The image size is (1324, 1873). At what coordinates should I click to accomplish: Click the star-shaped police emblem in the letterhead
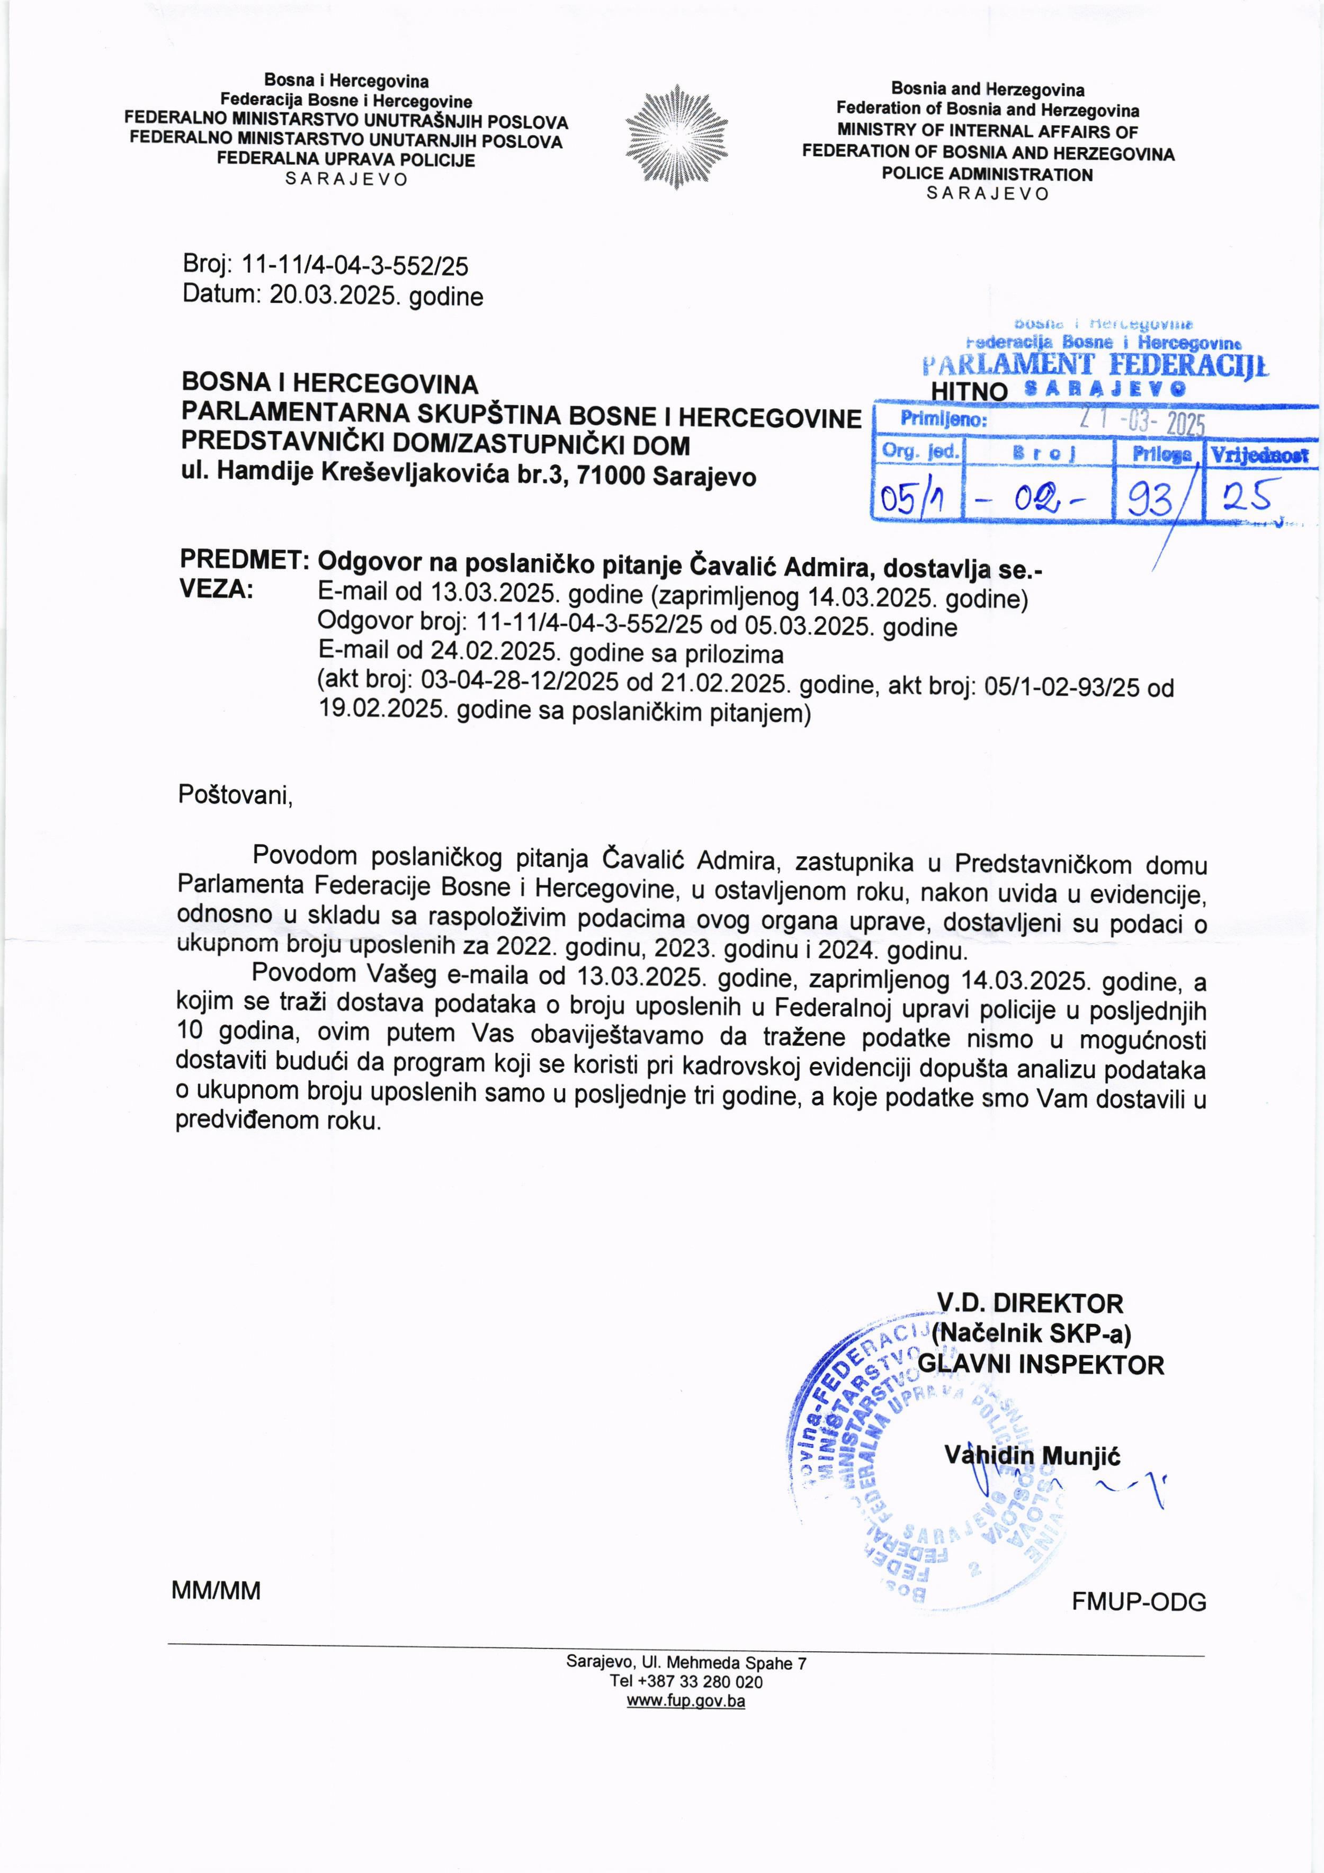click(676, 136)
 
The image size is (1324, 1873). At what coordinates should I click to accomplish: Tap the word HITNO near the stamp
click(969, 391)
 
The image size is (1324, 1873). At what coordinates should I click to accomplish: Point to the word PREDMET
click(242, 560)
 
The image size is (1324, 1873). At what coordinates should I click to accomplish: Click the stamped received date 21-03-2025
click(1142, 421)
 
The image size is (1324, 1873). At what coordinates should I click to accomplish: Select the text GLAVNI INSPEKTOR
click(1041, 1365)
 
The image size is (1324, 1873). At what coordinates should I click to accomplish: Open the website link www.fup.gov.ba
click(685, 1701)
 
